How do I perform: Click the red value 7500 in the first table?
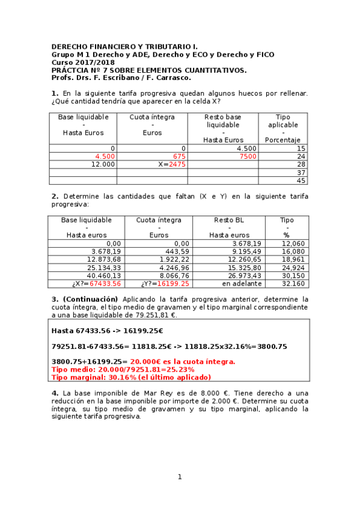[x=248, y=156]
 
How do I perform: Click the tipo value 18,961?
[x=293, y=259]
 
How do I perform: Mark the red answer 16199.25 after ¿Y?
[x=173, y=283]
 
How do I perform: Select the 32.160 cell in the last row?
[x=293, y=283]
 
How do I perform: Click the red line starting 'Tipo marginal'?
[x=131, y=377]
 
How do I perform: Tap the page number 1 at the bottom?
[x=179, y=477]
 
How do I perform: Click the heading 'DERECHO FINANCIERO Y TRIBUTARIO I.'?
[x=124, y=46]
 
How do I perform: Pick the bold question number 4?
[x=55, y=393]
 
